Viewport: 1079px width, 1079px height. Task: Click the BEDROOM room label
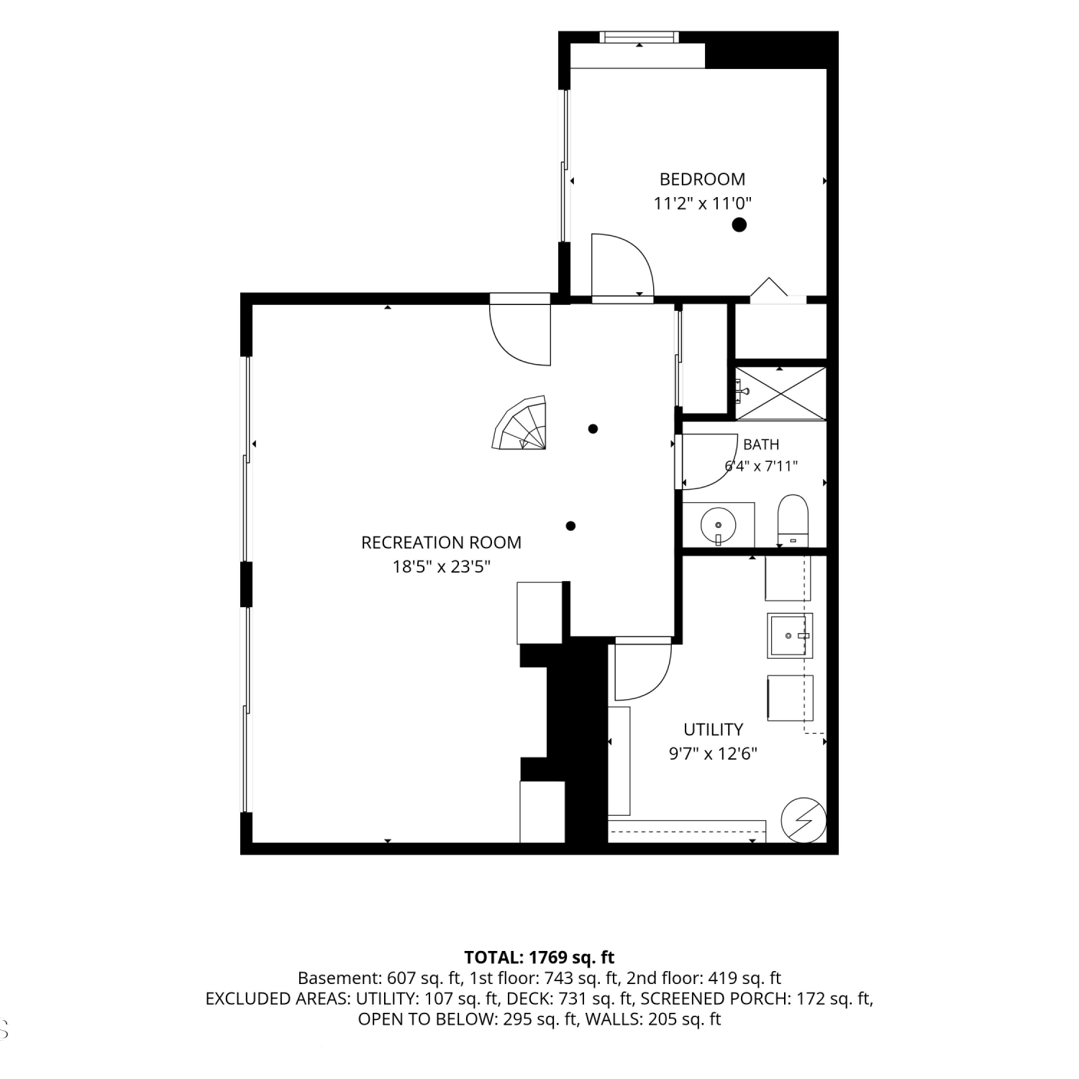coord(702,179)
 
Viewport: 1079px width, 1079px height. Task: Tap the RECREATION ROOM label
coord(441,542)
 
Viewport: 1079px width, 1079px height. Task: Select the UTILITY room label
coord(713,729)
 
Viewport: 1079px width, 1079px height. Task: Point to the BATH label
coord(761,445)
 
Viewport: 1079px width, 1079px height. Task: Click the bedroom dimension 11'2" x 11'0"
coord(702,204)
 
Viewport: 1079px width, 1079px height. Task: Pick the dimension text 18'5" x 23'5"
coord(441,567)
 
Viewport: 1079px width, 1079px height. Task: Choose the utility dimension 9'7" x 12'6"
coord(713,754)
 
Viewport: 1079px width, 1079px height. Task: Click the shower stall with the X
coord(780,393)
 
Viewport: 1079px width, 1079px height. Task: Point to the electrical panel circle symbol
coord(803,820)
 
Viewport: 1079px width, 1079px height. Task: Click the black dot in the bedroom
coord(739,224)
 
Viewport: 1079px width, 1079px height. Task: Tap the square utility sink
coord(790,636)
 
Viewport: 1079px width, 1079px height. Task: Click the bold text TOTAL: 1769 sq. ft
coord(539,957)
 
